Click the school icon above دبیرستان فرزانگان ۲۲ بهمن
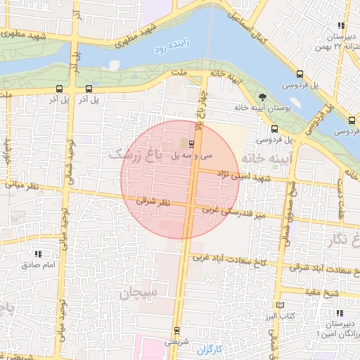pos(341,26)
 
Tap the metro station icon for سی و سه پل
pos(193,143)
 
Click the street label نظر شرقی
pos(154,202)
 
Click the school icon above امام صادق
pos(38,254)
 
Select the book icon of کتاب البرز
pos(282,305)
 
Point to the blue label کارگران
pos(209,349)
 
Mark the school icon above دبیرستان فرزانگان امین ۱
pos(340,313)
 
